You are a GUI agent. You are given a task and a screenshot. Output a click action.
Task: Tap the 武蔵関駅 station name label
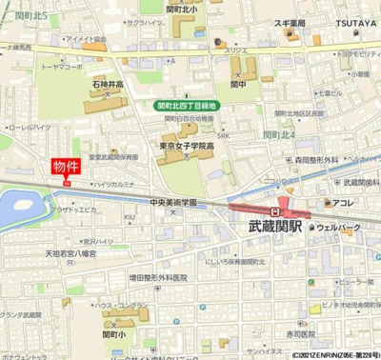pos(274,227)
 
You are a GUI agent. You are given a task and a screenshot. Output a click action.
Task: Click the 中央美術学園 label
pos(173,203)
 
